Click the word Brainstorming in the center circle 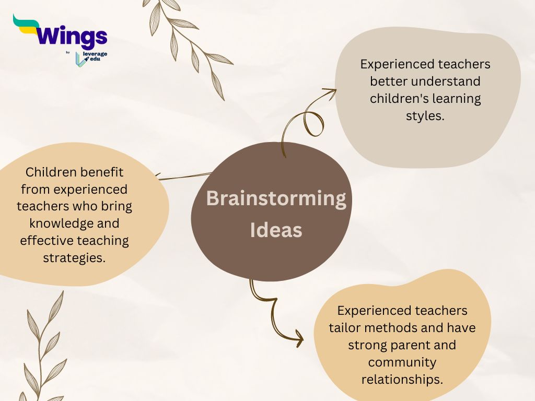[276, 198]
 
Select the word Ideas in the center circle [276, 230]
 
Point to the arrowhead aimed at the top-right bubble [330, 93]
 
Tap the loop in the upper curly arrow [314, 123]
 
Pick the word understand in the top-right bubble [446, 81]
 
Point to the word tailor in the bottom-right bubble [344, 328]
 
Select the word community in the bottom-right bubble [402, 362]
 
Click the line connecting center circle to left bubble [184, 176]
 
